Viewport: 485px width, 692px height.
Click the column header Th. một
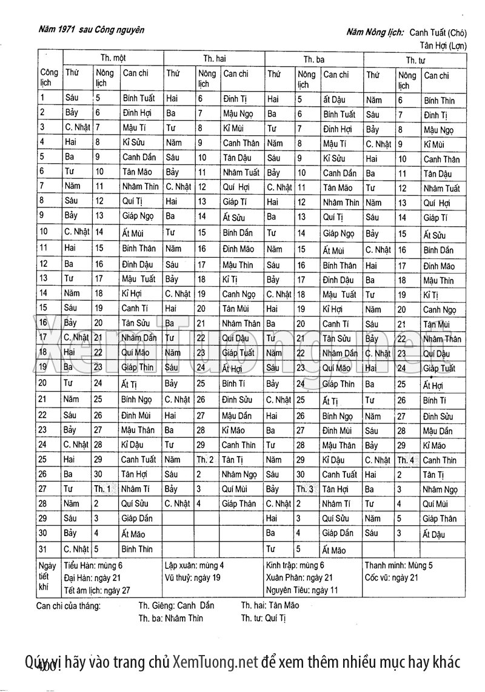[112, 58]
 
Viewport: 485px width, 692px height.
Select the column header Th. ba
[313, 59]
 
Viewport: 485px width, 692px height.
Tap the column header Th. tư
[415, 60]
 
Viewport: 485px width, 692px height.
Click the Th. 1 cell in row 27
[102, 489]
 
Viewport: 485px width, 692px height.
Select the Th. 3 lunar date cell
[305, 489]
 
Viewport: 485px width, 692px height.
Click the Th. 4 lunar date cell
[406, 460]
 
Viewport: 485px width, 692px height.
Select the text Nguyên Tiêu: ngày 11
[302, 590]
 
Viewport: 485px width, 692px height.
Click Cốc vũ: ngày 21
[391, 577]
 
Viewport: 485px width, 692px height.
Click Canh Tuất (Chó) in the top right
[436, 32]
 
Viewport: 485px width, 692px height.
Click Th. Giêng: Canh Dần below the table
[176, 605]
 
